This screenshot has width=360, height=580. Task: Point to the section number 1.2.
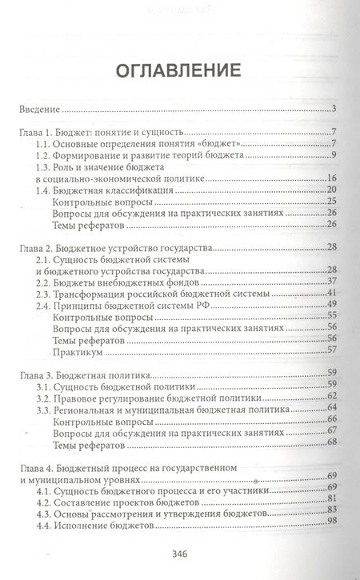47,155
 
